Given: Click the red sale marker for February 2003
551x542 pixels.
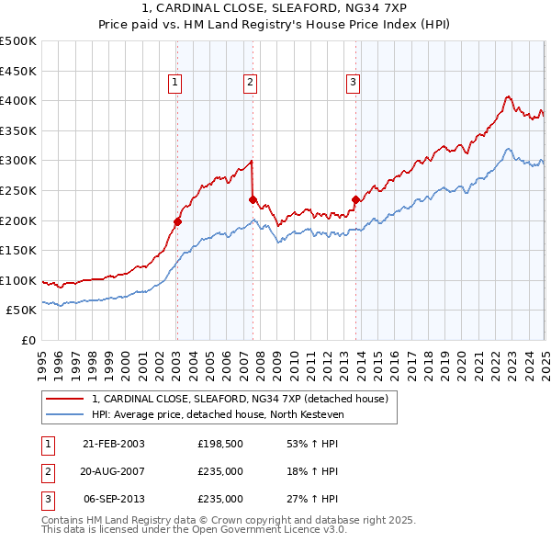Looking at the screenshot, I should [x=177, y=221].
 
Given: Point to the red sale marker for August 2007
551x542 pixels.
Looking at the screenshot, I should [x=253, y=198].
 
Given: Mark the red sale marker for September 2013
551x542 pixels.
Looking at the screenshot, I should [x=354, y=198].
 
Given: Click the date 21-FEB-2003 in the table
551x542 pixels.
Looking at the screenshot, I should [x=114, y=444].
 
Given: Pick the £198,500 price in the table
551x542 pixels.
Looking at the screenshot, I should [x=220, y=444].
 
